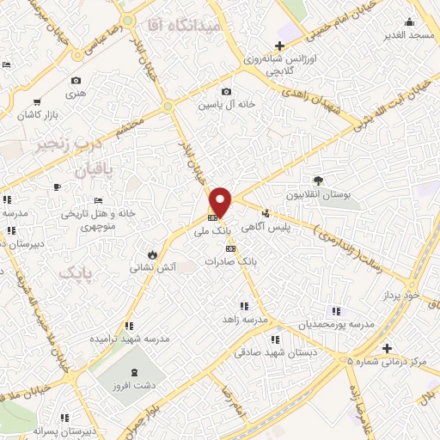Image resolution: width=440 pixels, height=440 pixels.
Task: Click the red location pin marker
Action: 221,203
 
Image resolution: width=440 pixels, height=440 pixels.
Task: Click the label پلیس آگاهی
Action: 290,226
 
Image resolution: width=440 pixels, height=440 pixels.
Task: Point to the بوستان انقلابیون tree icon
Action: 319,180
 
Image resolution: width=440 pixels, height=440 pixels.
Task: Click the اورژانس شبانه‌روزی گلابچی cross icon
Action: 278,46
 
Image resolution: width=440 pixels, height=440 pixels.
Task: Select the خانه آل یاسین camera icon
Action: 225,92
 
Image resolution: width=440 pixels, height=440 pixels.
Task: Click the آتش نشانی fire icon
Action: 151,254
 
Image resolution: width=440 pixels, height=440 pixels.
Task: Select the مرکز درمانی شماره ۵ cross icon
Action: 388,348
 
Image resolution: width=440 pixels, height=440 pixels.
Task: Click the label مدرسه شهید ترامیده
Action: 127,339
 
